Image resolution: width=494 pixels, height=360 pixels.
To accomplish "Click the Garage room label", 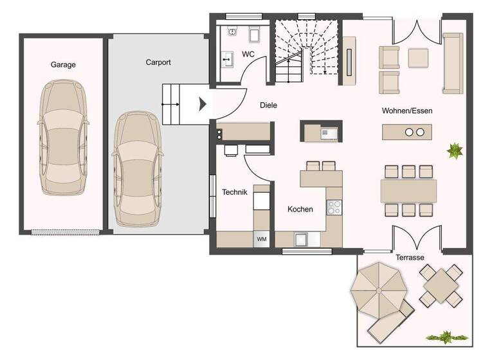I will coord(63,64).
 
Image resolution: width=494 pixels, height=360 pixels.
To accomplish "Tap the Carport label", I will coord(158,62).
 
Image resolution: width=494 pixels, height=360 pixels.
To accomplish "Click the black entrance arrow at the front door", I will coord(203,104).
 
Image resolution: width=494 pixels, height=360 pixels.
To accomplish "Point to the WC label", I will coord(248,54).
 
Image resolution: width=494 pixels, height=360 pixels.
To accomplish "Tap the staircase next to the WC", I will coord(305,50).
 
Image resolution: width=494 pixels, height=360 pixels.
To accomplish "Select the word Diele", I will coord(268,105).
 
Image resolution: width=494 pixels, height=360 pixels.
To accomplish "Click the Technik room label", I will coord(234,192).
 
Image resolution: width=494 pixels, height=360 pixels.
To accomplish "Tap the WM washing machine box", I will coord(262,239).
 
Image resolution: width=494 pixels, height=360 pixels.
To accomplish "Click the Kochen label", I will coord(300,209).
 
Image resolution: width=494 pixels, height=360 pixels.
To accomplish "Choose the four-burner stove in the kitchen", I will coord(334,207).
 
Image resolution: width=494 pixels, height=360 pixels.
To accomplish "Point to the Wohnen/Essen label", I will coord(407,111).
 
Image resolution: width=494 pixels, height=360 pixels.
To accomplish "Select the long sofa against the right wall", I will coord(452,63).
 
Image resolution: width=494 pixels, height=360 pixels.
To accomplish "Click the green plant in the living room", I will coord(455,151).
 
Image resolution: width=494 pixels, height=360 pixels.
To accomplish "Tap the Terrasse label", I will coord(410,257).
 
